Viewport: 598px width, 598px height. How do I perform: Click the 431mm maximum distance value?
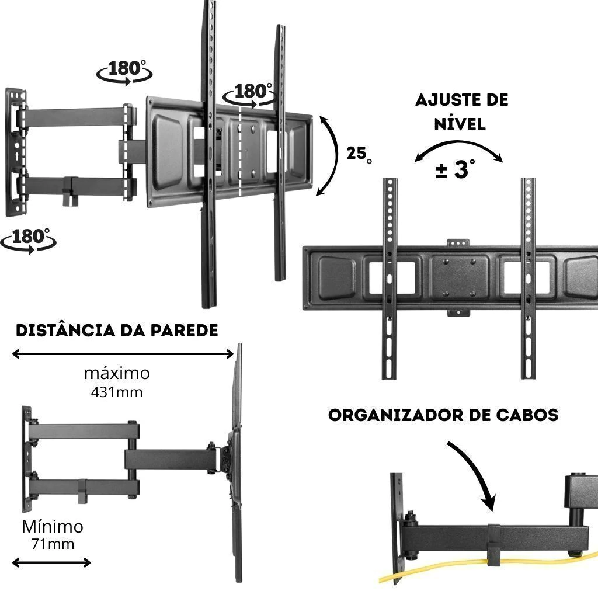pyautogui.click(x=116, y=392)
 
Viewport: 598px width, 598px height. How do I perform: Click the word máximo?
pyautogui.click(x=116, y=373)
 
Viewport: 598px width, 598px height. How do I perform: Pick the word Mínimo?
pyautogui.click(x=53, y=527)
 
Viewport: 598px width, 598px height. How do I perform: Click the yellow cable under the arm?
pyautogui.click(x=444, y=571)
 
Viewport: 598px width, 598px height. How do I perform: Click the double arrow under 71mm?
pyautogui.click(x=51, y=563)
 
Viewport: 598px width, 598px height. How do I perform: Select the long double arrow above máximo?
pyautogui.click(x=123, y=353)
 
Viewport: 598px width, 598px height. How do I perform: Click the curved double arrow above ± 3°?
pyautogui.click(x=459, y=148)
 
